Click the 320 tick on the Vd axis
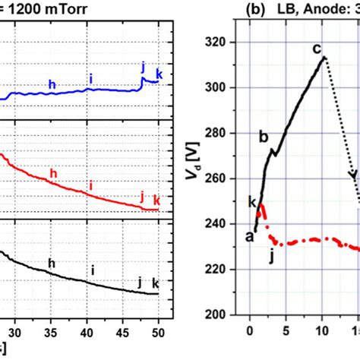pos(220,43)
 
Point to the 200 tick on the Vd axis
pos(220,314)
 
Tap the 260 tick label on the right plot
pos(220,178)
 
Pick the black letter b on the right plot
pos(264,137)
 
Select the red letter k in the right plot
pos(251,200)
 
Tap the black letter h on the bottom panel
pos(52,264)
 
